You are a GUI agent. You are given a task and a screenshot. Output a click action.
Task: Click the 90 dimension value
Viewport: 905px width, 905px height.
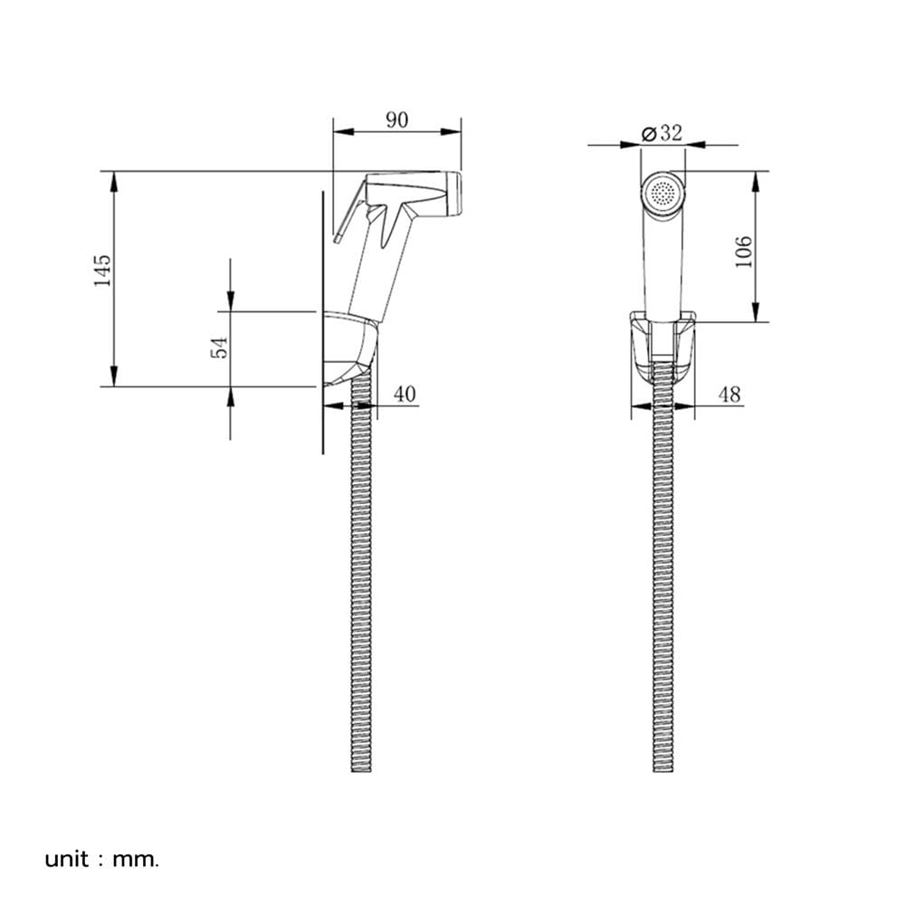[396, 120]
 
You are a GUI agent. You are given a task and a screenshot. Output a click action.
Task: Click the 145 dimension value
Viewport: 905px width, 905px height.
[102, 270]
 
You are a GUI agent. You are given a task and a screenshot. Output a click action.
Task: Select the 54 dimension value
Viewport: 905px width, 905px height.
[219, 348]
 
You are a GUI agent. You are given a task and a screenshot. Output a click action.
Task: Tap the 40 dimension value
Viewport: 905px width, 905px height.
[405, 395]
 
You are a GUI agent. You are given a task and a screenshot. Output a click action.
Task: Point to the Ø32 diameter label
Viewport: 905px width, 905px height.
[662, 133]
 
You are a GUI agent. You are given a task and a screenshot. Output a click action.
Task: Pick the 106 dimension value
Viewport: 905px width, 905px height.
[743, 252]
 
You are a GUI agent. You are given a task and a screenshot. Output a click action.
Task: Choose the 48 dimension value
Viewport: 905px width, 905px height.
[729, 395]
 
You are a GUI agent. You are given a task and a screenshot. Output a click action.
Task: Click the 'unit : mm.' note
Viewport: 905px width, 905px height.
[101, 860]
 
